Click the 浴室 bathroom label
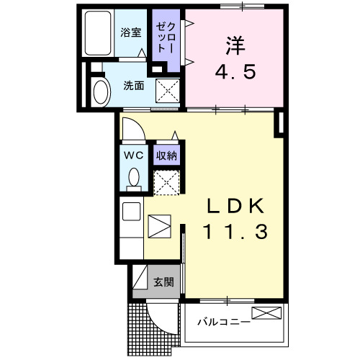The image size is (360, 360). pyautogui.click(x=130, y=32)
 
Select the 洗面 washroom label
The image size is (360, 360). pyautogui.click(x=133, y=86)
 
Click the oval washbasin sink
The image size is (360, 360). pyautogui.click(x=100, y=91)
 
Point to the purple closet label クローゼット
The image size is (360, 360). pyautogui.click(x=166, y=37)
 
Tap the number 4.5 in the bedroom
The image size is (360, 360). pyautogui.click(x=234, y=73)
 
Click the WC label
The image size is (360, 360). pyautogui.click(x=133, y=155)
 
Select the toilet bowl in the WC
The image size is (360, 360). pyautogui.click(x=133, y=177)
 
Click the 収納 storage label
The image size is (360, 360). pyautogui.click(x=166, y=155)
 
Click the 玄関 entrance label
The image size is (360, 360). pyautogui.click(x=163, y=282)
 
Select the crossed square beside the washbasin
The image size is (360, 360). pyautogui.click(x=168, y=92)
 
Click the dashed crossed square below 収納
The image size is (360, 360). pyautogui.click(x=167, y=181)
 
